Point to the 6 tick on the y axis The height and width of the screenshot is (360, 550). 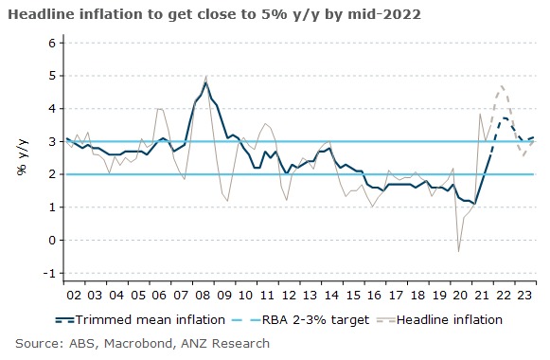point(51,44)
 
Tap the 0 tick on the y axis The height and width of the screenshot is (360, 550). point(51,241)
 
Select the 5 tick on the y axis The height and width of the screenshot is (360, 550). point(51,76)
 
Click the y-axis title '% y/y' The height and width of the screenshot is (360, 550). point(21,157)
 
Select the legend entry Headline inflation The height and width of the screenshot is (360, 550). point(448,319)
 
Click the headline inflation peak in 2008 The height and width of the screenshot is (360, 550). point(206,76)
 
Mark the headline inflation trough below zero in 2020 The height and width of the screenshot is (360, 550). point(458,251)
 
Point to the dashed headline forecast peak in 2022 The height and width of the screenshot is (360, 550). point(502,86)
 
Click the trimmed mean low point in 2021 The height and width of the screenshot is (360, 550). point(475,204)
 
